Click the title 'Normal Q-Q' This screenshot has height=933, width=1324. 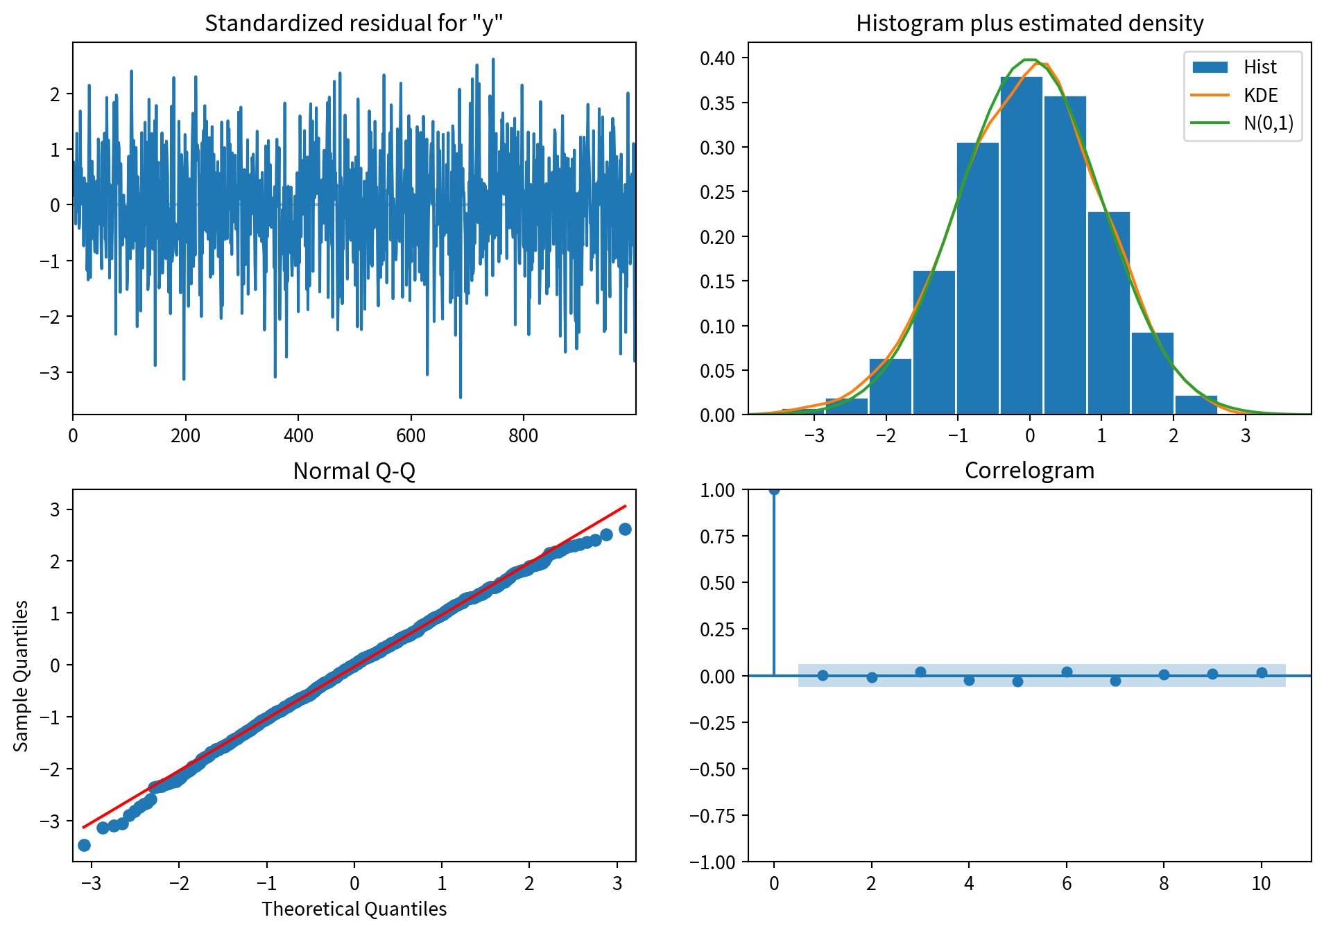point(354,471)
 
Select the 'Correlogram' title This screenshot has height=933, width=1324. point(1029,471)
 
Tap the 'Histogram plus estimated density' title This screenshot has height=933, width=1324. point(1029,24)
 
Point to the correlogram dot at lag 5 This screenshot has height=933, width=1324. point(1017,681)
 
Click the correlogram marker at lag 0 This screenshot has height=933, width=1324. point(774,490)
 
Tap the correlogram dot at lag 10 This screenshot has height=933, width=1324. point(1262,673)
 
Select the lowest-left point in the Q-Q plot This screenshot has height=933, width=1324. point(84,845)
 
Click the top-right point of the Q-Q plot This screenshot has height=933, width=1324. point(625,530)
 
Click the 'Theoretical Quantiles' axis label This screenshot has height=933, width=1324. point(354,909)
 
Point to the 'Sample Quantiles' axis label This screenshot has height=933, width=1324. point(22,676)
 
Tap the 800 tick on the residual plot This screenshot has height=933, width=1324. point(523,436)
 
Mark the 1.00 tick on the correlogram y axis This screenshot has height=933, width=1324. point(717,490)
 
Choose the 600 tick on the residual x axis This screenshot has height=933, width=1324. point(411,436)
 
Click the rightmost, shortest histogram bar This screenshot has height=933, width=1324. point(1196,406)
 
